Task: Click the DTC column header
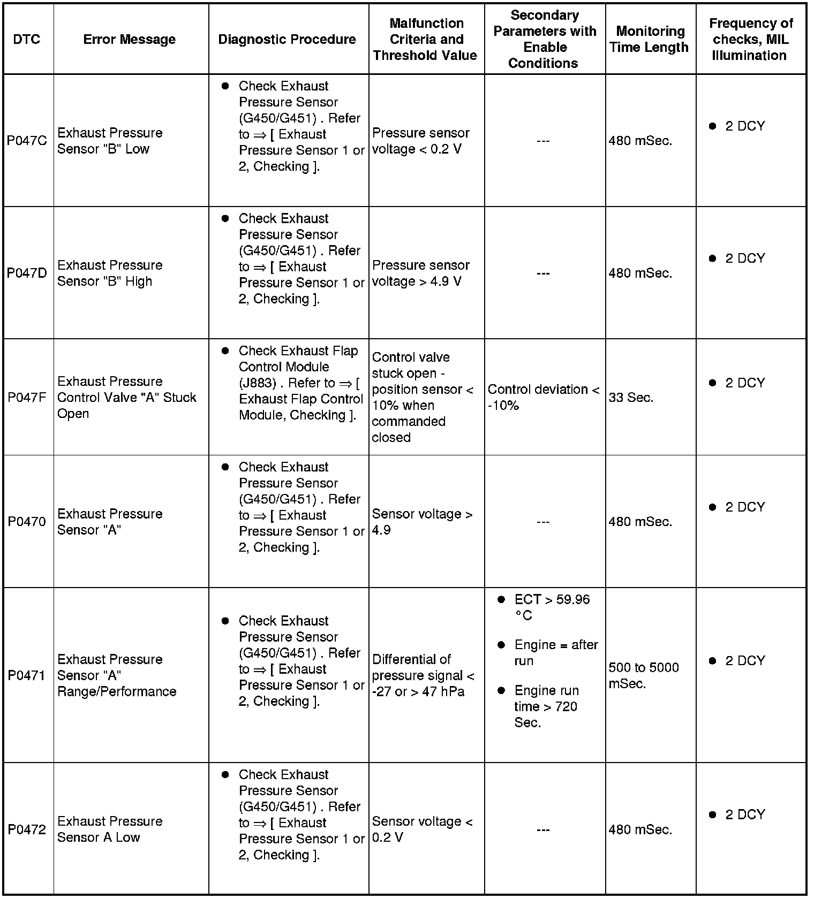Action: pyautogui.click(x=27, y=39)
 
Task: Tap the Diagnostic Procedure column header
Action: pyautogui.click(x=287, y=39)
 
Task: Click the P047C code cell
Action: pyautogui.click(x=27, y=141)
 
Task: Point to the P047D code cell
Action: pyautogui.click(x=27, y=273)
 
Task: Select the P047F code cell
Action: pyautogui.click(x=27, y=397)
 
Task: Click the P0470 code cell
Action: pyautogui.click(x=27, y=521)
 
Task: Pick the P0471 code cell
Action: pyautogui.click(x=27, y=675)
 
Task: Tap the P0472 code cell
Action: pyautogui.click(x=27, y=829)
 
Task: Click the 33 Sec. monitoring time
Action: pyautogui.click(x=631, y=398)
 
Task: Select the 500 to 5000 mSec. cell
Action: pyautogui.click(x=643, y=675)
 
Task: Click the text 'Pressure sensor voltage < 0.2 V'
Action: pyautogui.click(x=420, y=141)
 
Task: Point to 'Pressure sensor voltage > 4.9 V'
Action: pyautogui.click(x=420, y=273)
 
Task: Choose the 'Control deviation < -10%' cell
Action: pyautogui.click(x=543, y=397)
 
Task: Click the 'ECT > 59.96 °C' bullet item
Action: pyautogui.click(x=552, y=607)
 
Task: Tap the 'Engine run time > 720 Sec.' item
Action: pyautogui.click(x=546, y=706)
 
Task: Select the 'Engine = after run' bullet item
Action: pyautogui.click(x=555, y=653)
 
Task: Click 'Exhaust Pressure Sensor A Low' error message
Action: pyautogui.click(x=110, y=829)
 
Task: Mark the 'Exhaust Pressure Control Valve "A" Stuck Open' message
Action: pyautogui.click(x=126, y=397)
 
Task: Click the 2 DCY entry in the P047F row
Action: pyautogui.click(x=744, y=383)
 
